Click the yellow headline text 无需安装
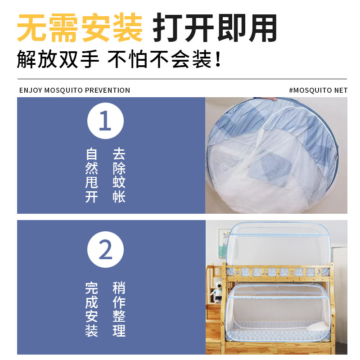pos(80,28)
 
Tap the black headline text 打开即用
pos(215,28)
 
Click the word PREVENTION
pos(108,90)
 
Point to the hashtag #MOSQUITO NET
pos(318,90)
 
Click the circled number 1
pos(105,121)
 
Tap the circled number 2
pos(105,250)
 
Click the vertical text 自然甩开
pos(92,175)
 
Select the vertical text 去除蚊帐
pos(119,175)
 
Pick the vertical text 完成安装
pos(92,310)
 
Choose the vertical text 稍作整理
pos(119,310)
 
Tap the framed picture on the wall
pos(225,243)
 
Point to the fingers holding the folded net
pos(270,99)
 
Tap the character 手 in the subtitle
pos(90,60)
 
